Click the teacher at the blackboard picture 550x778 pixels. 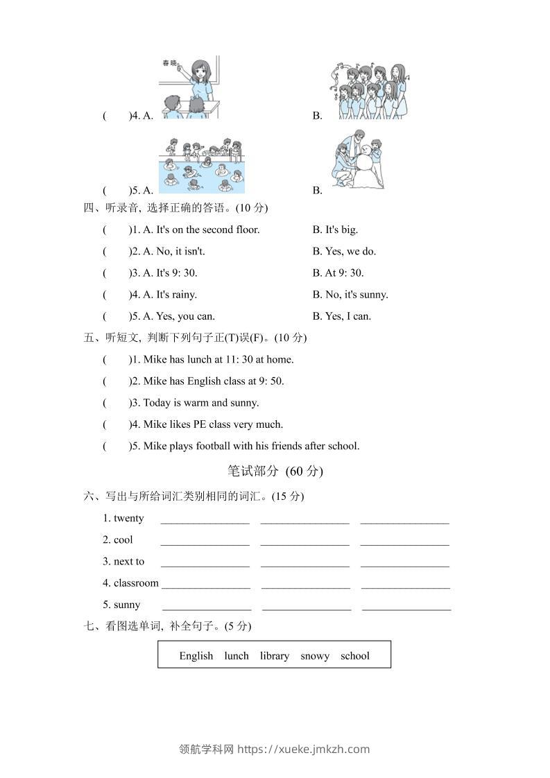tap(189, 87)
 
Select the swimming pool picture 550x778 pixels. tap(202, 165)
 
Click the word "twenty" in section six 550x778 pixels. tap(129, 518)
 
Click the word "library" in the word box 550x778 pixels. tap(275, 655)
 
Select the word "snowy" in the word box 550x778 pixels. tap(315, 655)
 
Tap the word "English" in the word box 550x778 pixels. tap(196, 655)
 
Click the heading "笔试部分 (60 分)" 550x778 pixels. tap(275, 471)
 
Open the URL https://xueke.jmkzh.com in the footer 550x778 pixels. tap(303, 749)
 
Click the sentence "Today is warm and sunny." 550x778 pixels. tap(200, 402)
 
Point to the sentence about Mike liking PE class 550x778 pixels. tap(213, 424)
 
